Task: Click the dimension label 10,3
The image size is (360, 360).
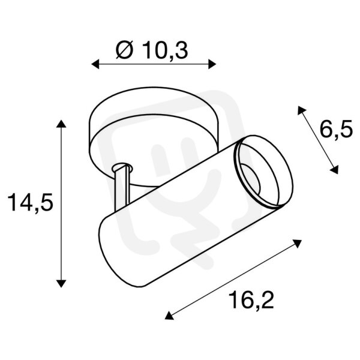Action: coord(165,50)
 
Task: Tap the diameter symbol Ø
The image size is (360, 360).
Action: coord(124,50)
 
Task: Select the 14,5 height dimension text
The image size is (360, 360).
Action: coord(31,202)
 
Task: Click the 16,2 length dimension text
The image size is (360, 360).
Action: coord(251,300)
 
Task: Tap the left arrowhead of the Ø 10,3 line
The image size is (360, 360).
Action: coord(95,64)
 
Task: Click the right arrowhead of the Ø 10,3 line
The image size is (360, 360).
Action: coord(212,64)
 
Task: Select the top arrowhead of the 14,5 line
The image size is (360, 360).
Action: coord(61,124)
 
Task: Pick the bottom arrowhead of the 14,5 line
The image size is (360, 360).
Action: coord(61,283)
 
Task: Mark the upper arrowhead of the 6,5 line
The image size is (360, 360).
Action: coord(301,110)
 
